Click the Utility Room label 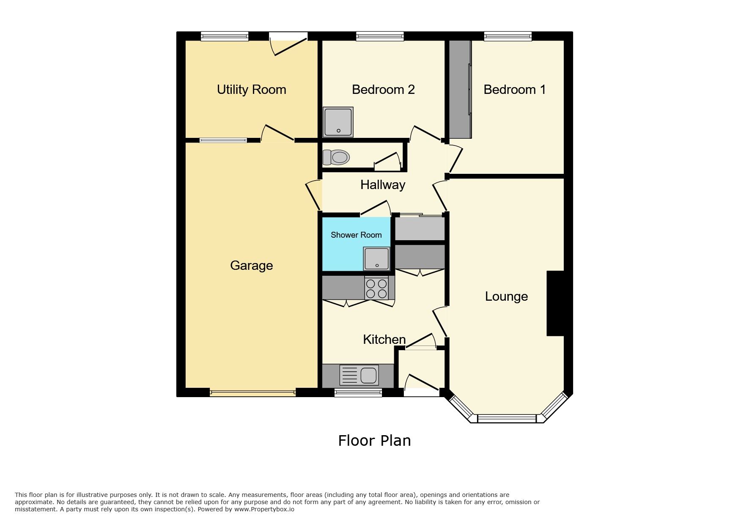[251, 90]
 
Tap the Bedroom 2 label [383, 90]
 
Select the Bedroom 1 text [514, 90]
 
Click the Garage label [251, 266]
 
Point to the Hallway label [382, 185]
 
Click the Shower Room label [356, 235]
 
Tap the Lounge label [506, 296]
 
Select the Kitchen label [384, 339]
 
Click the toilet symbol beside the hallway [336, 157]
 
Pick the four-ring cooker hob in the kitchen [376, 288]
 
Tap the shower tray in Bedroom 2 [338, 122]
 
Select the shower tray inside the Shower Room [376, 259]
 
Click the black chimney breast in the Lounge [555, 303]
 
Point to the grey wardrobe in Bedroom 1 [460, 89]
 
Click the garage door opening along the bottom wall [252, 393]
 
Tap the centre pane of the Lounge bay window [507, 419]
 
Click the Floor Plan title [374, 441]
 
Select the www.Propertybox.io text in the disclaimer [264, 509]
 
